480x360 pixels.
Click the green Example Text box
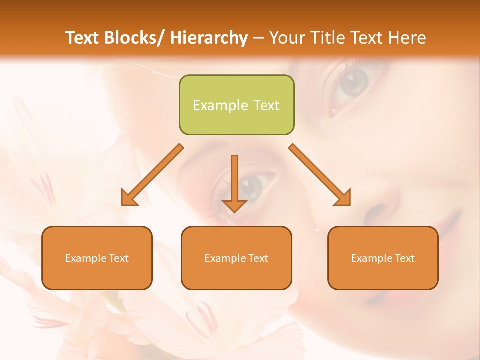(x=236, y=105)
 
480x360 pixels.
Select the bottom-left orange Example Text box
(x=97, y=258)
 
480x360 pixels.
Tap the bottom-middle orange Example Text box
(x=236, y=258)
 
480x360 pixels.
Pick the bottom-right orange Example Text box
(x=383, y=258)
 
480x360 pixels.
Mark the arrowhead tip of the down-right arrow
(x=349, y=204)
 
